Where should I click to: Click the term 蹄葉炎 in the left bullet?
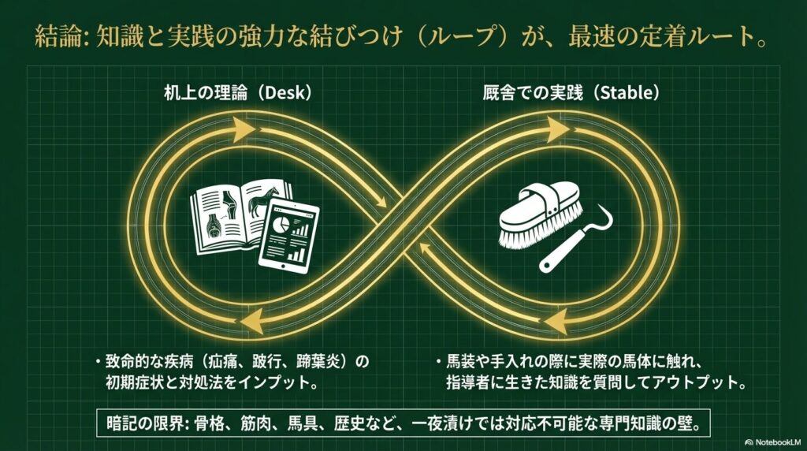click(325, 362)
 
